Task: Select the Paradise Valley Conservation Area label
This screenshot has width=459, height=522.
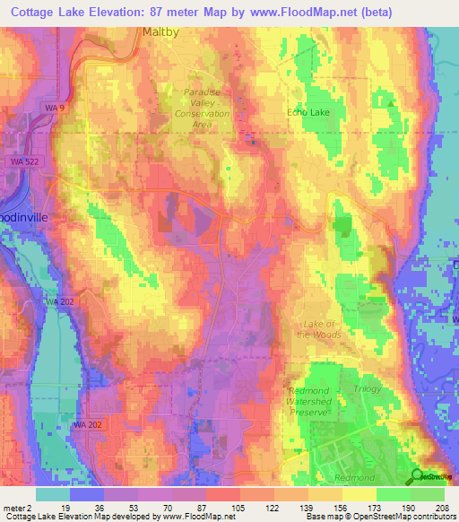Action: [202, 109]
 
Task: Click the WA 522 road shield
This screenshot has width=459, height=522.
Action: [24, 161]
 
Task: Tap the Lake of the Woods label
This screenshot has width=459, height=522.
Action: [320, 329]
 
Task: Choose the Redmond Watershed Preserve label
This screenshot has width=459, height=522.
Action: [309, 401]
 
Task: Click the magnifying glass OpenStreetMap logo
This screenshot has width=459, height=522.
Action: [418, 475]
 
